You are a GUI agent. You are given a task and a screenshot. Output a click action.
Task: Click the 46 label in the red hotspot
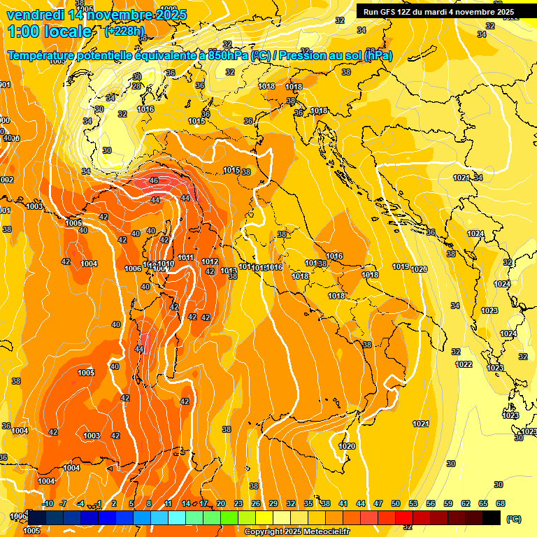[153, 181]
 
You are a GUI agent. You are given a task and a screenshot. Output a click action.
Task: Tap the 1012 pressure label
[209, 262]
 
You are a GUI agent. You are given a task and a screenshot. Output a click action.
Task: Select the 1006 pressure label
[133, 269]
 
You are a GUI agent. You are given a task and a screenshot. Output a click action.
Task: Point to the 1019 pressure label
[401, 266]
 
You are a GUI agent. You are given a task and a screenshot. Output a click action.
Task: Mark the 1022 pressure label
[464, 364]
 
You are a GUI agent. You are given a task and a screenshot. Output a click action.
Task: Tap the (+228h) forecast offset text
[125, 31]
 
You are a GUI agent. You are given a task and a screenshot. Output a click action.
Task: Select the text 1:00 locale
[50, 31]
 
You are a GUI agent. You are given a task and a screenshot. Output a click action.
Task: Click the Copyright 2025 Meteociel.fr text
[296, 532]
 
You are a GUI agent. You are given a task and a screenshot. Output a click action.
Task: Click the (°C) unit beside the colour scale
[514, 519]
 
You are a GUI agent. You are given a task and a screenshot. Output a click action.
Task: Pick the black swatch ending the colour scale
[492, 517]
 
